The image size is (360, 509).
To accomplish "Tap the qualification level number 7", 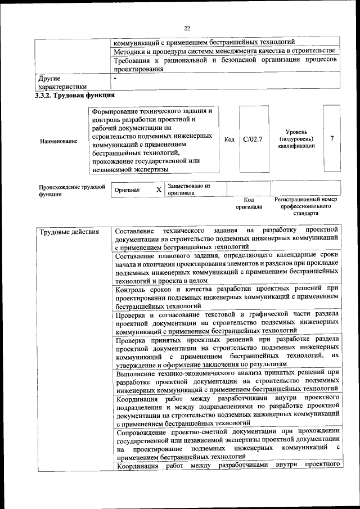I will (x=332, y=138).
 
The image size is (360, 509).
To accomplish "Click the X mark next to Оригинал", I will (x=159, y=190).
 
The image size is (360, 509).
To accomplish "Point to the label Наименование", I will (x=59, y=141).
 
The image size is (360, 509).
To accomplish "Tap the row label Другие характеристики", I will (x=62, y=83).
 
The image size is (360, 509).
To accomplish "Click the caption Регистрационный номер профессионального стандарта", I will (x=305, y=206).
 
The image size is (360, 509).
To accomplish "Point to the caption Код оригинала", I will (x=249, y=203).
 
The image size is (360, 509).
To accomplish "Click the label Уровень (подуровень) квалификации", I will (x=296, y=138).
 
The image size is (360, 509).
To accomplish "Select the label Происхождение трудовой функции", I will (x=71, y=190).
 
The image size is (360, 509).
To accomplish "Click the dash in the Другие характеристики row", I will (x=115, y=79).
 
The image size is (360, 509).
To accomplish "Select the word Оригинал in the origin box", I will (x=127, y=191).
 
